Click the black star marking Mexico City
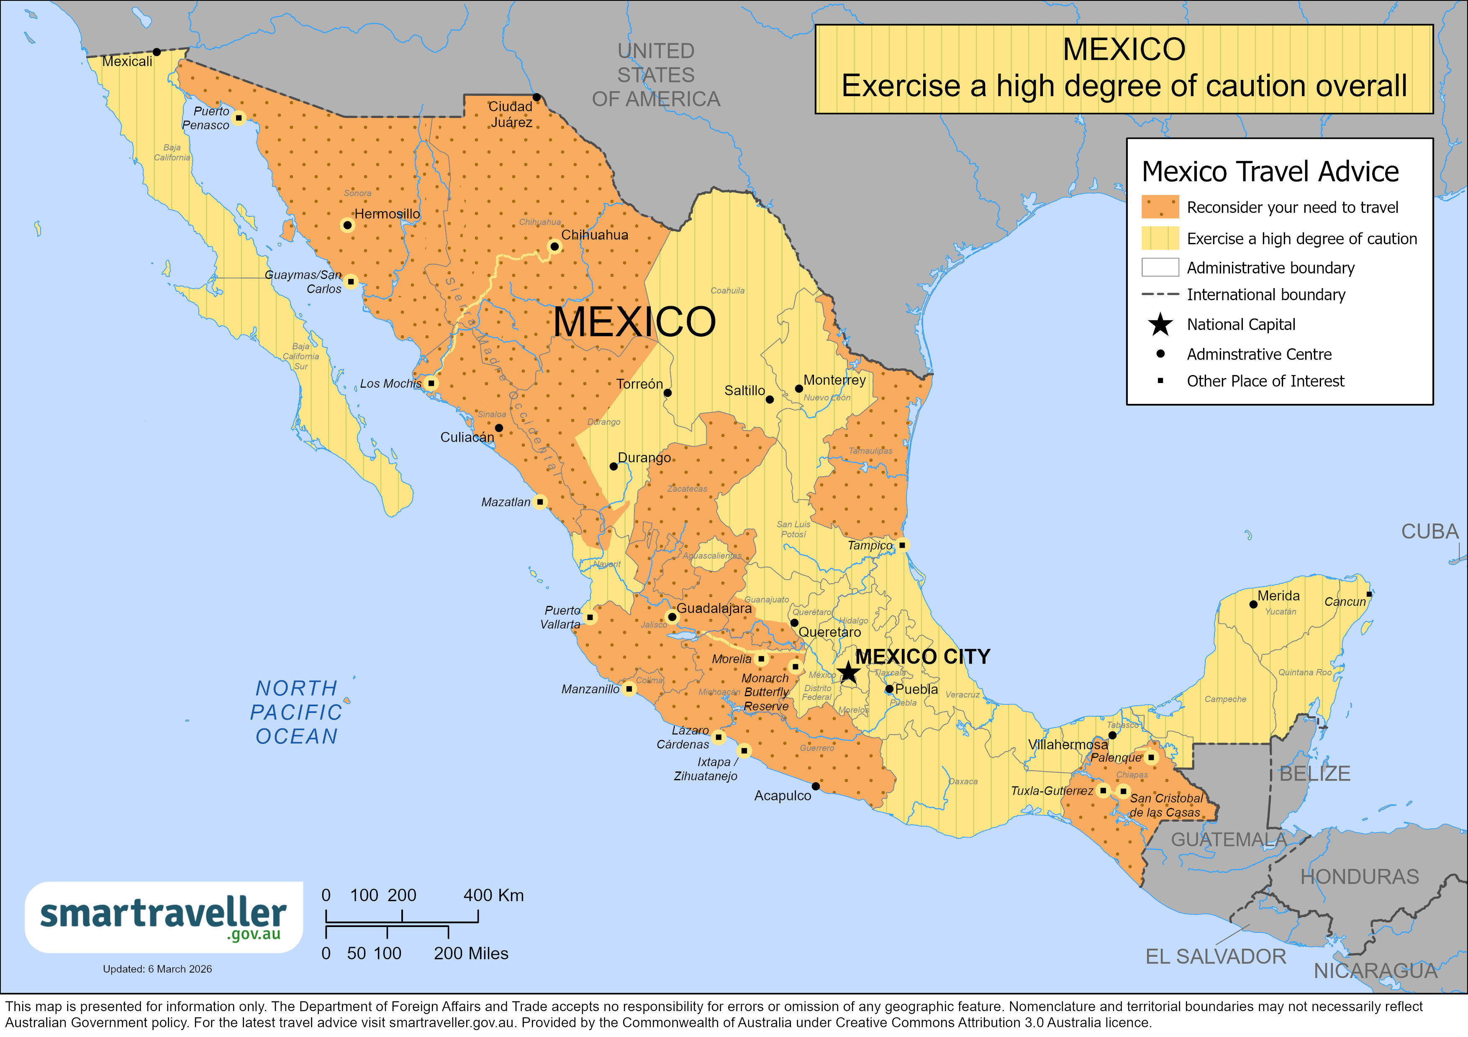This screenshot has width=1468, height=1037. (x=848, y=672)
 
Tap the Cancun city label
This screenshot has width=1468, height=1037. (x=1345, y=602)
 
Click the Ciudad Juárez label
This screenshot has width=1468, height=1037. (x=511, y=115)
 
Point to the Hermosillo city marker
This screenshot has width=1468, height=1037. (x=347, y=225)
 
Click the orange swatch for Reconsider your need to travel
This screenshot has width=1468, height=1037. (x=1160, y=207)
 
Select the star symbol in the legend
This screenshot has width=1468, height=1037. (x=1160, y=324)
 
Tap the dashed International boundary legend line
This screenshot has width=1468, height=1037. (x=1160, y=294)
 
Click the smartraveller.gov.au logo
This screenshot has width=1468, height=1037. (x=164, y=917)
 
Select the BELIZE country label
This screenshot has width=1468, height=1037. (x=1314, y=773)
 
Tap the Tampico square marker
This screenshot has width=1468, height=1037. (x=901, y=545)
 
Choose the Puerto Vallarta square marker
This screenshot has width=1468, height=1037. (x=590, y=617)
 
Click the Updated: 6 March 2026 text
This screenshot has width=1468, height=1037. (x=157, y=969)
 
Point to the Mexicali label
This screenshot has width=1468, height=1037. (x=127, y=61)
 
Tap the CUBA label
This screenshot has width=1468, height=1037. (x=1430, y=531)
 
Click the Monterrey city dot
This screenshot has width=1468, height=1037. (x=798, y=388)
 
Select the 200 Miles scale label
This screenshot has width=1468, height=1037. (x=471, y=953)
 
